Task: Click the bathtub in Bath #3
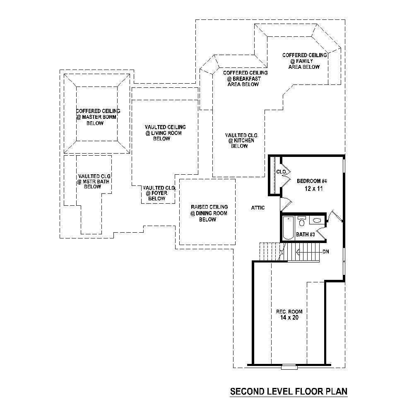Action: tap(287, 228)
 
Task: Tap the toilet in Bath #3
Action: tap(302, 222)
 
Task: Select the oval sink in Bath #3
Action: tap(317, 221)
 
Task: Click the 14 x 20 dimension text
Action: tap(289, 318)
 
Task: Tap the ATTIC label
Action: tap(258, 208)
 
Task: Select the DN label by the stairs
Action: tap(326, 252)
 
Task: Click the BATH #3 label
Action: tap(306, 235)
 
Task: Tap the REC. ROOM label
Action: tap(289, 311)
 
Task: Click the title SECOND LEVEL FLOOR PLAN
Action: tap(289, 391)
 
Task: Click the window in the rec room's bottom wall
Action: tap(289, 366)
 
